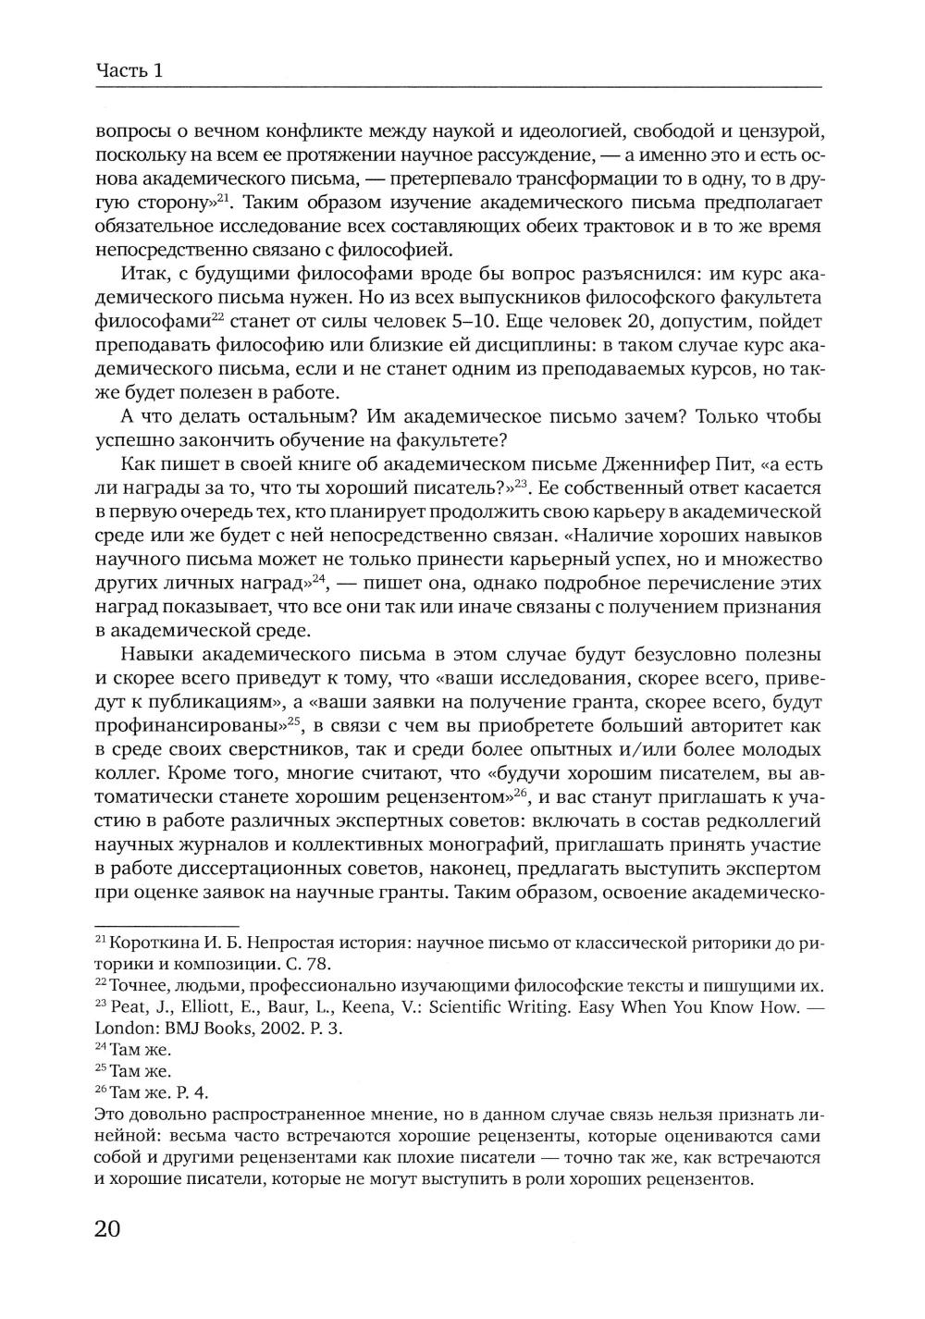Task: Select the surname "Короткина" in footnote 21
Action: (x=148, y=944)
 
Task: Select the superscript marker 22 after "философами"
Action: (x=218, y=316)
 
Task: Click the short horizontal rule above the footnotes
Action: (x=166, y=926)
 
